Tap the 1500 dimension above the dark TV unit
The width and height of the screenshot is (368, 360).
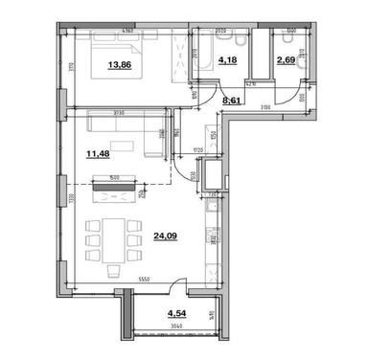(114, 176)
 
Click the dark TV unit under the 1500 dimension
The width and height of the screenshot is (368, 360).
(113, 187)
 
